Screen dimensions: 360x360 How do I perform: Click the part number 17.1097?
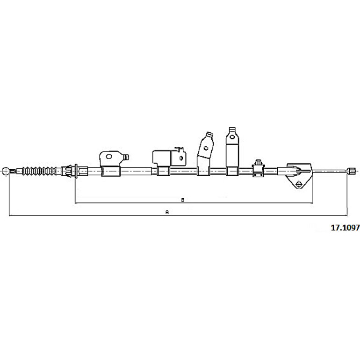click(345, 228)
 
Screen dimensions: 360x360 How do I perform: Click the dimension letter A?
click(167, 212)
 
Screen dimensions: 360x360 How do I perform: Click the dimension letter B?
click(183, 200)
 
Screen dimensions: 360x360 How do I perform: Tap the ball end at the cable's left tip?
click(5, 171)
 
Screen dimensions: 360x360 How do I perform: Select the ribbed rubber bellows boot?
click(39, 171)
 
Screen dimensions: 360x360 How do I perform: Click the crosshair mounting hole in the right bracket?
click(299, 184)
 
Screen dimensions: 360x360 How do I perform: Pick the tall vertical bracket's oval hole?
click(232, 137)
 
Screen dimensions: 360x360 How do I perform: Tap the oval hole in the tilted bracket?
click(206, 148)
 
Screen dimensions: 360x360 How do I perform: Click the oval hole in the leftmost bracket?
click(109, 157)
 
